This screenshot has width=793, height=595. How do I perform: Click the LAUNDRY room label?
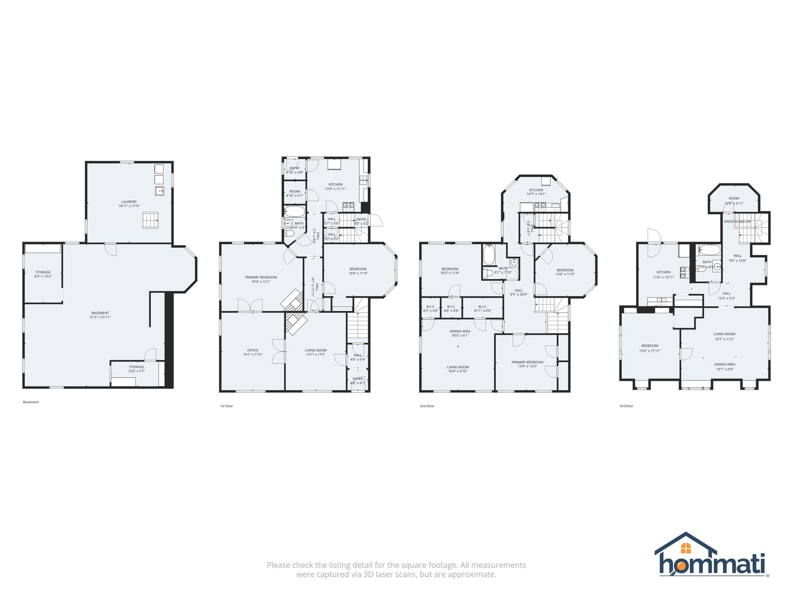(x=129, y=202)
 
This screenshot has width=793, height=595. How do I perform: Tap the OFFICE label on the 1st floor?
(x=253, y=350)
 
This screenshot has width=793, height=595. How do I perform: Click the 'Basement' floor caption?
(x=31, y=402)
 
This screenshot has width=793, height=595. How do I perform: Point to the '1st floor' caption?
(x=226, y=406)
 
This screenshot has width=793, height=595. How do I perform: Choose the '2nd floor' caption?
(x=427, y=406)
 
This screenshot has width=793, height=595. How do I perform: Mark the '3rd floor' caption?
(x=626, y=406)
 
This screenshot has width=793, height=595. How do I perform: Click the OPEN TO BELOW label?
(x=737, y=221)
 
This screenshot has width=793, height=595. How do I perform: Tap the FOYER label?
(x=358, y=379)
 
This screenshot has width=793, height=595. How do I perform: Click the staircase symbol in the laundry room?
(x=150, y=220)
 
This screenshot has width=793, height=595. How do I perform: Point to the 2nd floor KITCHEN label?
(x=536, y=190)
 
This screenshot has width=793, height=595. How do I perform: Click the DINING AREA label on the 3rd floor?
(x=724, y=364)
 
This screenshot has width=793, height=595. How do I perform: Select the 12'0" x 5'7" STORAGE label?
(x=137, y=367)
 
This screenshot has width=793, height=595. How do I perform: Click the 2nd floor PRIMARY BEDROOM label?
(x=527, y=363)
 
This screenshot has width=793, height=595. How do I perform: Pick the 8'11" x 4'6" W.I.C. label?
(x=482, y=307)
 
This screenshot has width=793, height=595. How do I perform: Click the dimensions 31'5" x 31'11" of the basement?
(x=100, y=317)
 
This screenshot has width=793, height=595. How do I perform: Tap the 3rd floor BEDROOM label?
(x=650, y=346)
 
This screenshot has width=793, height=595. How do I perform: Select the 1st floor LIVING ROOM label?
(x=316, y=350)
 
